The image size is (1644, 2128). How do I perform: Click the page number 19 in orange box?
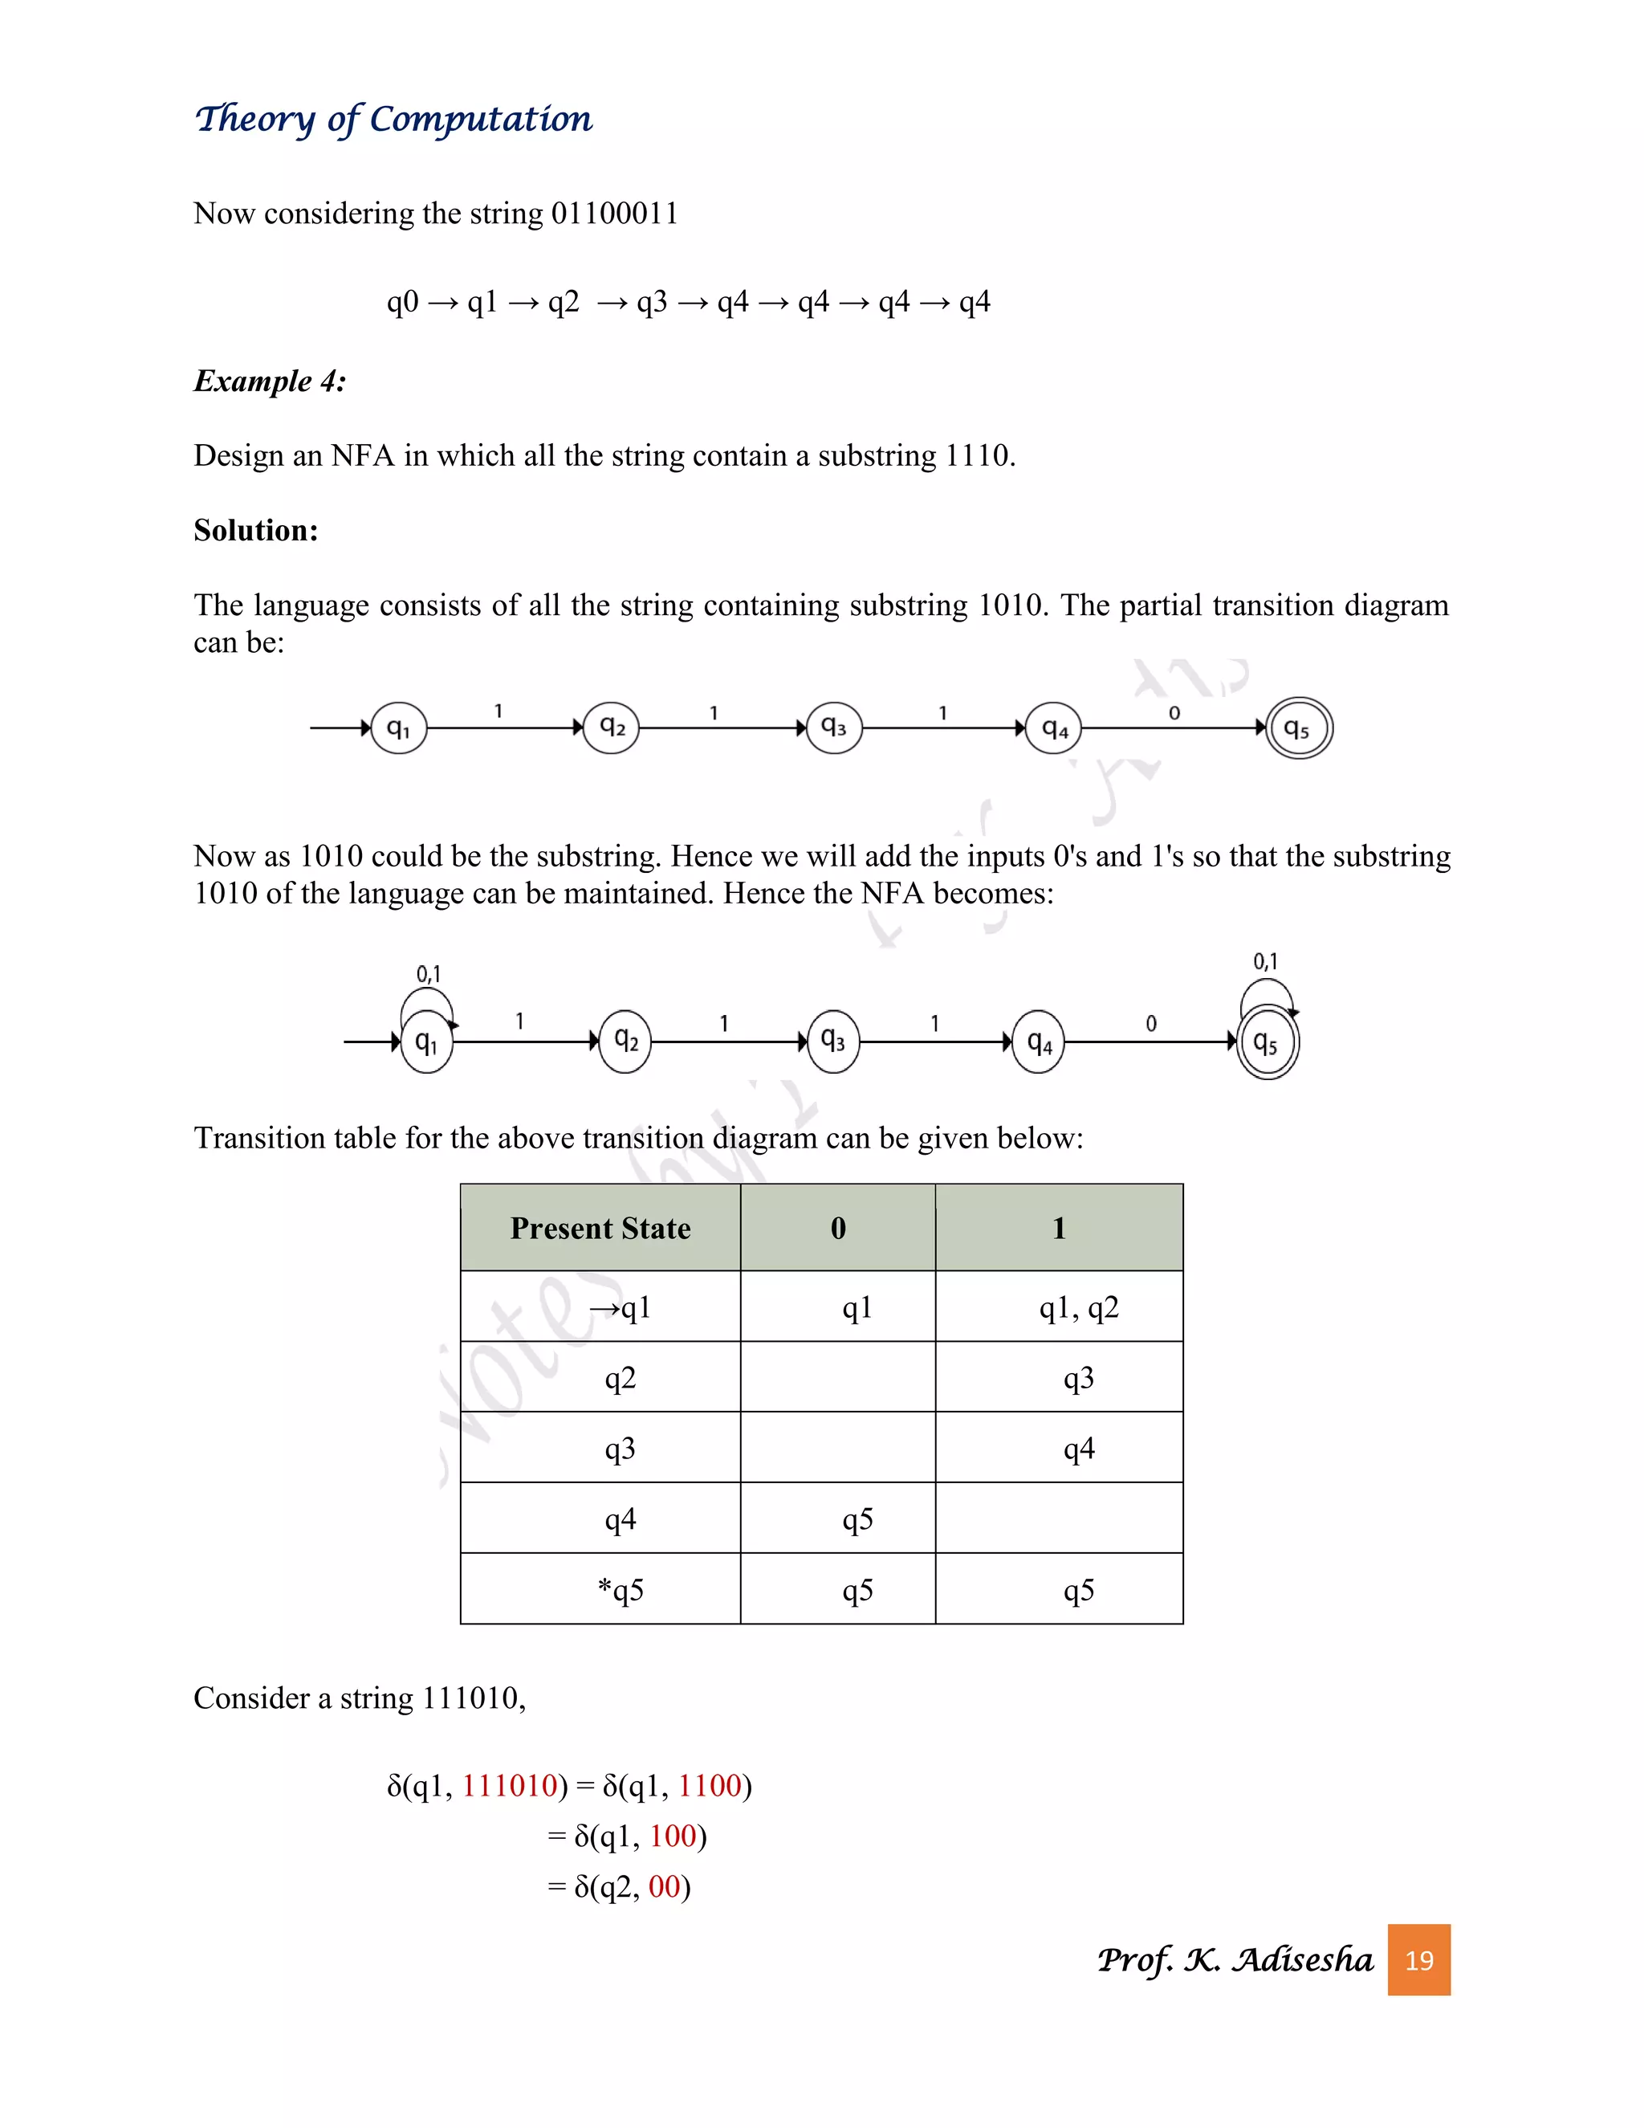click(1418, 1959)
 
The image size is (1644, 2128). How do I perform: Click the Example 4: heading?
click(270, 381)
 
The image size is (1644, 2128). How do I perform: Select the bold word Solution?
click(255, 530)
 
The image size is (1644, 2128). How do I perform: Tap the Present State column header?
click(600, 1228)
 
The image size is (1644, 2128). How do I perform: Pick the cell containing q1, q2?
click(1078, 1307)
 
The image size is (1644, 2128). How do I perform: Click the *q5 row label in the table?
click(621, 1589)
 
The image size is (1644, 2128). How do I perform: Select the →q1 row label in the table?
click(621, 1307)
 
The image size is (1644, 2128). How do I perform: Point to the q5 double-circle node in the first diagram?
click(1298, 728)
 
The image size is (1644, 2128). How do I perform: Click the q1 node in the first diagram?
click(399, 728)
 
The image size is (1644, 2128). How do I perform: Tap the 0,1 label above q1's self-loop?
click(429, 973)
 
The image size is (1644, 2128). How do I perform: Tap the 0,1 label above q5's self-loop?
click(1265, 962)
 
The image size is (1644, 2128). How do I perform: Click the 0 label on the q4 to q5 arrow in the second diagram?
click(1151, 1023)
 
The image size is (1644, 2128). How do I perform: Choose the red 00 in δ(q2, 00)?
click(663, 1886)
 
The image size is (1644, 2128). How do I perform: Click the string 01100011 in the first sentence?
click(615, 214)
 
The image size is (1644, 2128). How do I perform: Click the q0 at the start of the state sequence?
click(402, 302)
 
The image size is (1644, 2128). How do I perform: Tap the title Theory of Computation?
click(393, 119)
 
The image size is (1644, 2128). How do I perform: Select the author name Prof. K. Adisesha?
click(1234, 1959)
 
